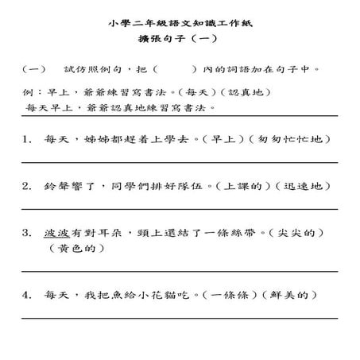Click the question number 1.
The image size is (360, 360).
point(28,139)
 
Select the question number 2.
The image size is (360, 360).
point(28,187)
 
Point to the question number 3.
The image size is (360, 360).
point(28,234)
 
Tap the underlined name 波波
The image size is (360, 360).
point(57,234)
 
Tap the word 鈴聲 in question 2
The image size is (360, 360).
point(57,187)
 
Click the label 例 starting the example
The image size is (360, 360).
point(29,92)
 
